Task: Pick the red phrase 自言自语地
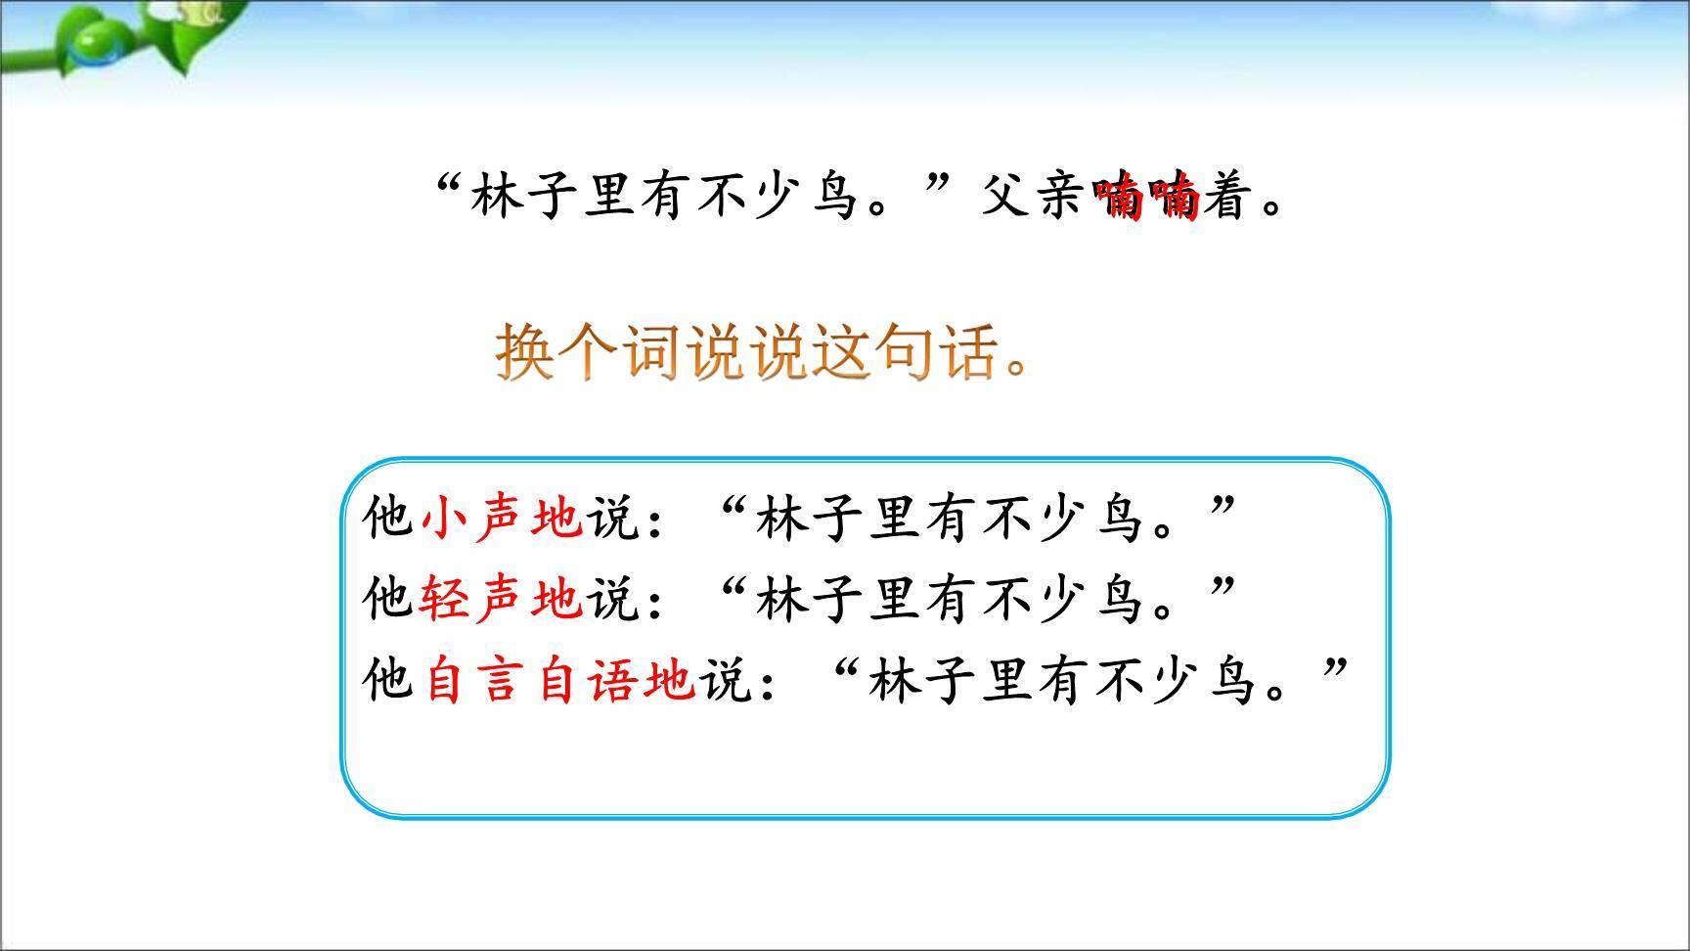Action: (x=559, y=679)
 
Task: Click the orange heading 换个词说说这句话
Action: (x=763, y=351)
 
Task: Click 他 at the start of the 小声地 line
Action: (x=387, y=517)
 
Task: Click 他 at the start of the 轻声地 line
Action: (x=387, y=598)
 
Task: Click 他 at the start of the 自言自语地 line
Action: (x=387, y=679)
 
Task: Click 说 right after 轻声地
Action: (x=612, y=598)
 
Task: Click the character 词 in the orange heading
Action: (x=652, y=351)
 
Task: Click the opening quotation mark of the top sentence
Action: (x=448, y=186)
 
